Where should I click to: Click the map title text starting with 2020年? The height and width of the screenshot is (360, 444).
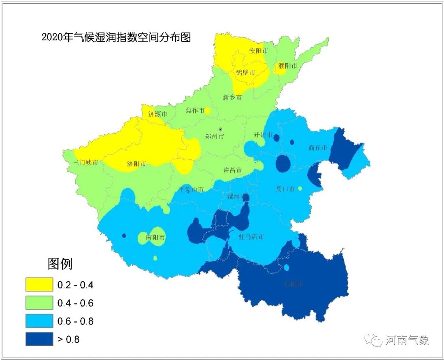pos(116,37)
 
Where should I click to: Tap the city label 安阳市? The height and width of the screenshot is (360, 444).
pos(259,51)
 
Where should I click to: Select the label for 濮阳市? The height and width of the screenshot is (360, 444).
pos(287,65)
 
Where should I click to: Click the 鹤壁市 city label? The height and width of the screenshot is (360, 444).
pos(245,72)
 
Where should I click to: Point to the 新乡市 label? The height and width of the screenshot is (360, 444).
pos(232,97)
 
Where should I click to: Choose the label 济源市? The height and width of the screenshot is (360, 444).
pos(157,114)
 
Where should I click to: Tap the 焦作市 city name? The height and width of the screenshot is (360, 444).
pos(195,111)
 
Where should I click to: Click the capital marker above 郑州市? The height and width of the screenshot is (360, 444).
pos(220,129)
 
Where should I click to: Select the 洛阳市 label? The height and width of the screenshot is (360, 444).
pos(136,164)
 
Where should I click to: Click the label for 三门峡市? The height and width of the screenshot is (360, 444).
pos(86,163)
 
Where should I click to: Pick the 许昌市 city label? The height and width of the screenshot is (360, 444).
pos(232,170)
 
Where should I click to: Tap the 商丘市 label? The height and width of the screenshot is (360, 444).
pos(318,148)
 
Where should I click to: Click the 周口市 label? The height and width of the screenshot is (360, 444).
pos(285,189)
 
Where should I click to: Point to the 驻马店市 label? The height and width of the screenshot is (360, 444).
pos(252,237)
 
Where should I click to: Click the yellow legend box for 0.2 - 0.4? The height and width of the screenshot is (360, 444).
pos(39,284)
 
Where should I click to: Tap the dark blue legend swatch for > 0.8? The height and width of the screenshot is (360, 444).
pos(39,339)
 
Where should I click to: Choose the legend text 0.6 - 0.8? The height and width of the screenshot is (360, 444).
pos(76,321)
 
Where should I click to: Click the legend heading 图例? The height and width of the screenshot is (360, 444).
pos(60,263)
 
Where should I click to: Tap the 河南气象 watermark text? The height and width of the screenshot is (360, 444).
pos(407,340)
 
